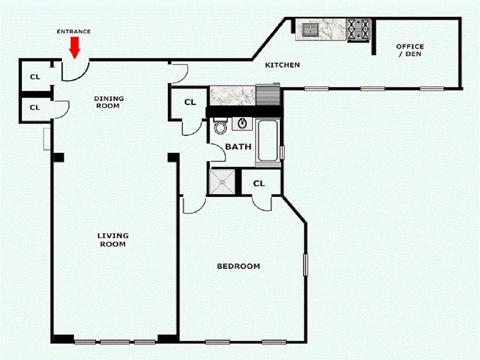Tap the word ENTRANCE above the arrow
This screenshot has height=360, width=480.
pos(74,31)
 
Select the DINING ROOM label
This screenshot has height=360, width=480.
pos(109,102)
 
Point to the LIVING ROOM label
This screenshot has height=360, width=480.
pos(113,240)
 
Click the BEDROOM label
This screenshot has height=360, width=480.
pos(238,266)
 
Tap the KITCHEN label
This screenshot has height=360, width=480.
pos(282,65)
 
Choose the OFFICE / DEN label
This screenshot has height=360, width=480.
pos(410,50)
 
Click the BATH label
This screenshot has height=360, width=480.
pos(238,147)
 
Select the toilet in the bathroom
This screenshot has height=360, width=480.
pos(220,126)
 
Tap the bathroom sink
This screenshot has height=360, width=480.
pos(243,123)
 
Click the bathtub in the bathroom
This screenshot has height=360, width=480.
pos(267,140)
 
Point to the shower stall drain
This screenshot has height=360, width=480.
pos(222,182)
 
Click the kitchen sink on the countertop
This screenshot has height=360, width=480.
pos(310,30)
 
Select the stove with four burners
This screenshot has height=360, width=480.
pos(359,30)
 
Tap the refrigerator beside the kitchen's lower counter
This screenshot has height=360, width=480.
pos(268,95)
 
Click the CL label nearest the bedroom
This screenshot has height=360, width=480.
pos(259,184)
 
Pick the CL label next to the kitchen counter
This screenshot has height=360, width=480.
pos(190,102)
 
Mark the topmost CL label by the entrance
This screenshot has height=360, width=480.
pos(35,77)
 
